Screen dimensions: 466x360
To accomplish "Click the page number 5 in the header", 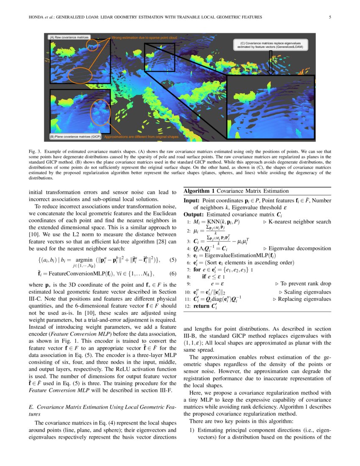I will coord(330,17).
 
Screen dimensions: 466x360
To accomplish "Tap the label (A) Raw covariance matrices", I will coord(69,37).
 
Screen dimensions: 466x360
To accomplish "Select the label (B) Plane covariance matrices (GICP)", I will coord(76,137).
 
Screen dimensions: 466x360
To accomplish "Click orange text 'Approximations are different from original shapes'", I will coord(141,137).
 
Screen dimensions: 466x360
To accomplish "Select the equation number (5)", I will coord(172,260).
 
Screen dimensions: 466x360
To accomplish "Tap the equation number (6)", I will coord(172,273).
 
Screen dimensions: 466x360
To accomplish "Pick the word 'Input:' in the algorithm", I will coord(192,200).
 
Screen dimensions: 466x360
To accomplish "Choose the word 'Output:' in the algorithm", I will coord(194,214).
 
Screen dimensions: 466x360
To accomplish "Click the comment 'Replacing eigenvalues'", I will coord(305,299).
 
